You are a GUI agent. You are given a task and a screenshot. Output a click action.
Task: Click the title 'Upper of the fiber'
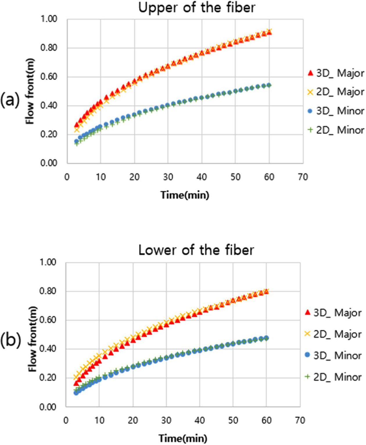[x=197, y=8]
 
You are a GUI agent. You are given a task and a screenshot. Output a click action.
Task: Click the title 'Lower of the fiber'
[x=196, y=250]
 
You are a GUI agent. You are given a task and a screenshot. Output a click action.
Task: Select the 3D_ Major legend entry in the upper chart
[x=336, y=73]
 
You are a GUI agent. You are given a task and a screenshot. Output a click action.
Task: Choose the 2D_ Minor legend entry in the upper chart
[x=336, y=130]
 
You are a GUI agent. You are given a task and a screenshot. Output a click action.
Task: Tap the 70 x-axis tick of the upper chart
[x=303, y=177]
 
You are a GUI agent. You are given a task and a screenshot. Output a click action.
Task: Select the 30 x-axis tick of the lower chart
[x=166, y=420]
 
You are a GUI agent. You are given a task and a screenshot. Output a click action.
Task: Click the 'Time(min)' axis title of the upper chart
[x=185, y=195]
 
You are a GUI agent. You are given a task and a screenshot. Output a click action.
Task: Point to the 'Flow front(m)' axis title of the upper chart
[x=30, y=91]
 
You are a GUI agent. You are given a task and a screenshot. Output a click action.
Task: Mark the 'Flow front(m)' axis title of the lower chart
[x=33, y=335]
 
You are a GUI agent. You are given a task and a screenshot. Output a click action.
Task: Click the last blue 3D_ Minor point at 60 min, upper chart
[x=269, y=85]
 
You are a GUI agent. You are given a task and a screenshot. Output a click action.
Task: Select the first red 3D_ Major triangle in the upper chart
[x=77, y=125]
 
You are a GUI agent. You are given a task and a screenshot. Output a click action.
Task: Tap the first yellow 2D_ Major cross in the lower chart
[x=76, y=377]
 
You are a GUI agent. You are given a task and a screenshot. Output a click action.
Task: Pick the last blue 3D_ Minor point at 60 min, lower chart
[x=266, y=338]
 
